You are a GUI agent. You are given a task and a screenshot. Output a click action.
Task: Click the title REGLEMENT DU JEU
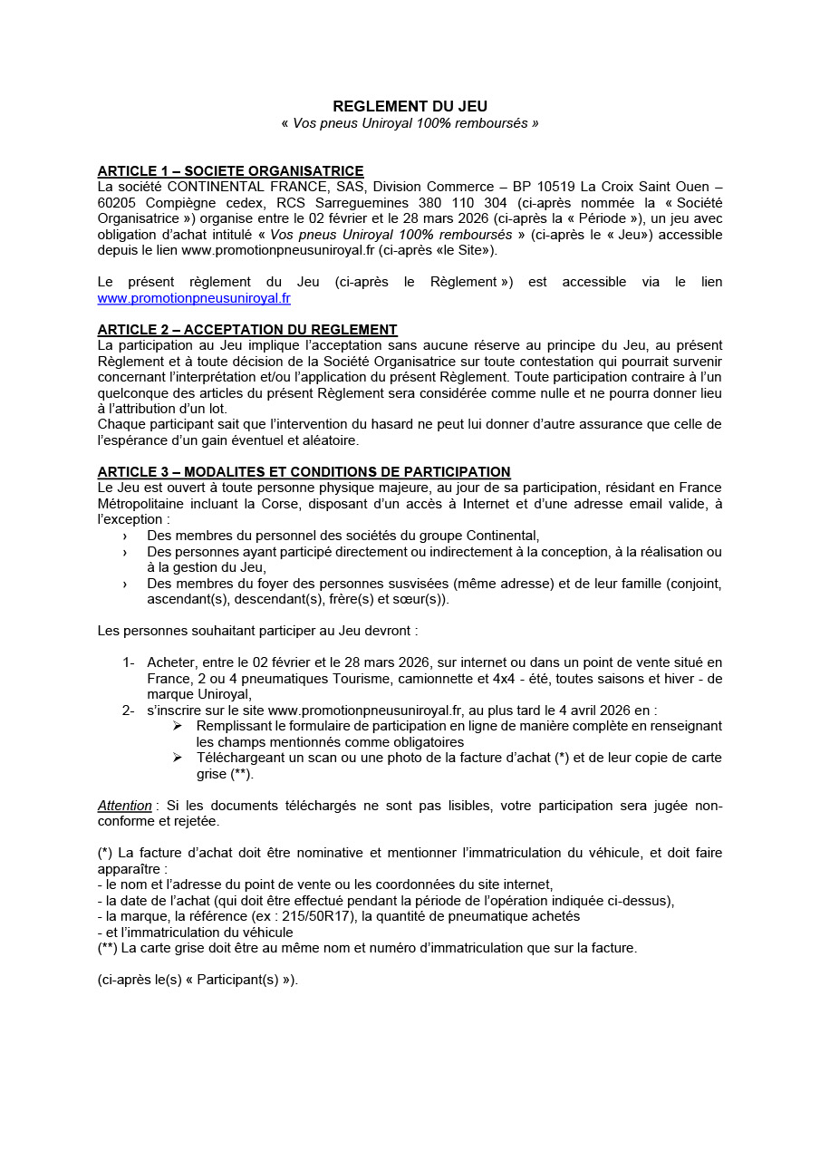click(410, 106)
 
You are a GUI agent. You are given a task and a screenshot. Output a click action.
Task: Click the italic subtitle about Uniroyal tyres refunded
click(410, 123)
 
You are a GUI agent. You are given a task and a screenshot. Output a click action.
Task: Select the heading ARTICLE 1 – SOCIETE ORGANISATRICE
click(230, 171)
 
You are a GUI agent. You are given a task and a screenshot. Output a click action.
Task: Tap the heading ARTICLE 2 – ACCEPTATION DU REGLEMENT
click(247, 330)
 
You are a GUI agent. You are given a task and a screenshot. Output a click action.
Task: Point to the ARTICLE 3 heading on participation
click(304, 472)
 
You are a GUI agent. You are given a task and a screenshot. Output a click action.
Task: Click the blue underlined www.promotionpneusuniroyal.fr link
click(194, 298)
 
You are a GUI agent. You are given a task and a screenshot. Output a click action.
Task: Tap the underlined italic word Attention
click(125, 806)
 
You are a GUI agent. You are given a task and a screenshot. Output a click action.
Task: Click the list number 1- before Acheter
click(128, 662)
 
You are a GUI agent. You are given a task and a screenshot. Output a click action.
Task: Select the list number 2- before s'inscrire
click(128, 710)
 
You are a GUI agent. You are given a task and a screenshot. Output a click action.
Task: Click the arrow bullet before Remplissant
click(178, 727)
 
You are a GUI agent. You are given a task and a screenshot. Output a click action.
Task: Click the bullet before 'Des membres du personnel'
click(125, 536)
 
